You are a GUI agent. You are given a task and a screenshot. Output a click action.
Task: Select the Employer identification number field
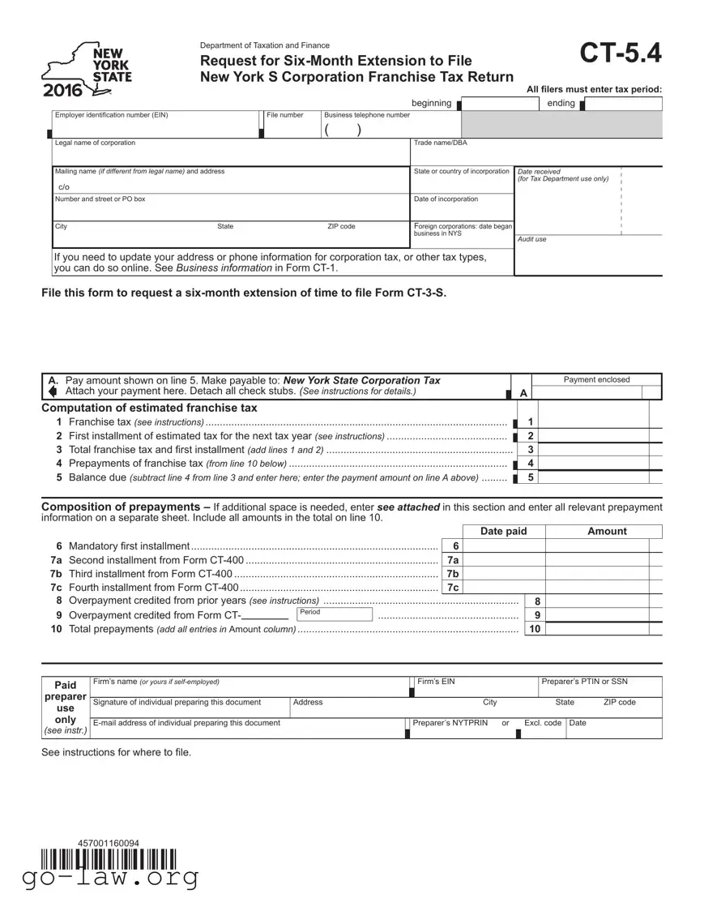click(154, 128)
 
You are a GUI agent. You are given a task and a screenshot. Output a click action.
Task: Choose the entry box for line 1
click(599, 422)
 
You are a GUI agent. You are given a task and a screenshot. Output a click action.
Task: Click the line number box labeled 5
click(530, 477)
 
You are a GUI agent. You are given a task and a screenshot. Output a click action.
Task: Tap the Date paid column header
click(503, 532)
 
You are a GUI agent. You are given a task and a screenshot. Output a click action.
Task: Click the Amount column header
click(606, 532)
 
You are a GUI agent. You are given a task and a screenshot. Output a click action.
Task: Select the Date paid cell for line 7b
click(505, 574)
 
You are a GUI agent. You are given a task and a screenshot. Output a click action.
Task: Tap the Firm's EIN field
click(475, 687)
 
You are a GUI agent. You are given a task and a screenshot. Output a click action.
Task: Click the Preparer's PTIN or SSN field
click(599, 687)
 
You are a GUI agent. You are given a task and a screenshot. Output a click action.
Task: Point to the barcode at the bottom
click(109, 858)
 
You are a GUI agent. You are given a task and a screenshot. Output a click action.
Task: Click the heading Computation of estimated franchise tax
click(149, 408)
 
